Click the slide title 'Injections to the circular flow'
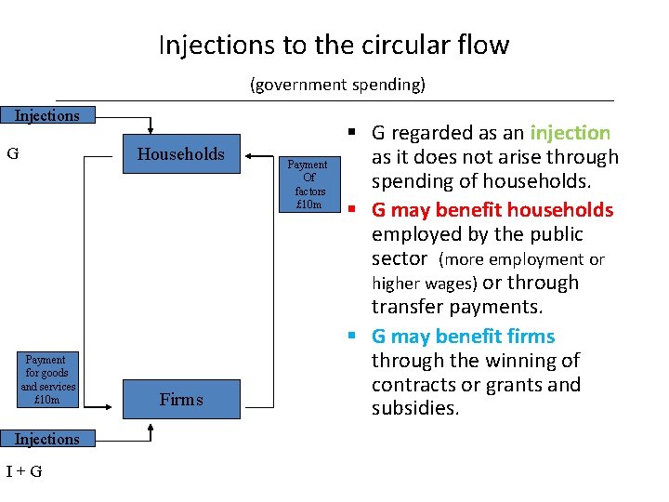coord(334,45)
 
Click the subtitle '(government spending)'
coord(337,85)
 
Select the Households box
coord(180,154)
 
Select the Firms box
coord(180,400)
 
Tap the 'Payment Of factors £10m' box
coord(308,184)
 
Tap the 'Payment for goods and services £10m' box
coord(46,379)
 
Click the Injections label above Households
coord(46,115)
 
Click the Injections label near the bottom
coord(46,439)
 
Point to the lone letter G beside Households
coord(13,153)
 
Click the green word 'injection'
coord(570,133)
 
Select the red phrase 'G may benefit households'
coord(492,209)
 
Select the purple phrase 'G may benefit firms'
coord(463,336)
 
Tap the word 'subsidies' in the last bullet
coord(414,408)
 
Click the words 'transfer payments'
coord(456,307)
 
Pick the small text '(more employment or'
coord(521,259)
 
